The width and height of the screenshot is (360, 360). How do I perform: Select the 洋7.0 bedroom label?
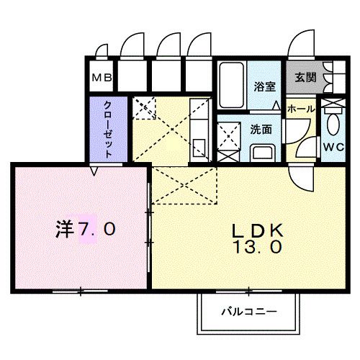(x=85, y=230)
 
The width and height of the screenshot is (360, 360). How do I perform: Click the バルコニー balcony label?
(x=247, y=312)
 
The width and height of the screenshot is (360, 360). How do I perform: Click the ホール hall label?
(x=301, y=108)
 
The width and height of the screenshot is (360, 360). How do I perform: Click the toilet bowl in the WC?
(x=333, y=122)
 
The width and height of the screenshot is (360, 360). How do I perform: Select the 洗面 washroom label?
(x=261, y=130)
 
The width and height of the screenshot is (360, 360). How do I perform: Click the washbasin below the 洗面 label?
(x=261, y=153)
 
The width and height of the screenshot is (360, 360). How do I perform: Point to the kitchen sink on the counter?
(x=199, y=148)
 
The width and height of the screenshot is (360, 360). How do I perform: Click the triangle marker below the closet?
(x=94, y=171)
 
